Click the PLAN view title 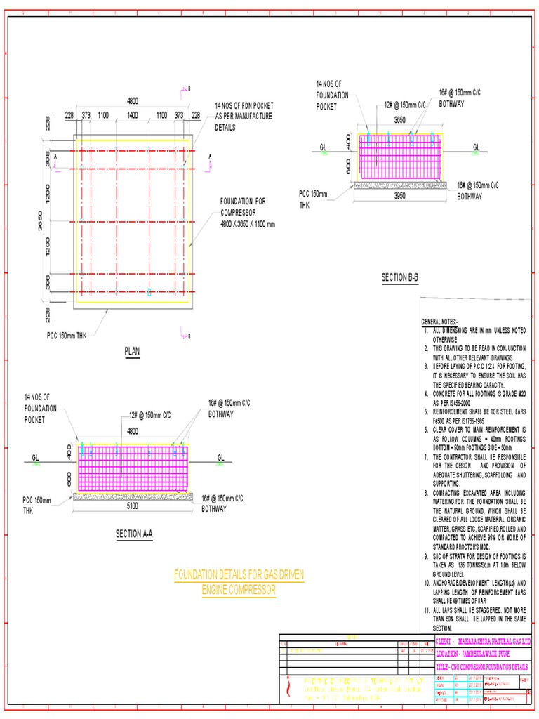tap(132, 351)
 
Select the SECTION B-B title tap(400, 278)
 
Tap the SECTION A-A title tap(134, 534)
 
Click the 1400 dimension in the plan tap(132, 115)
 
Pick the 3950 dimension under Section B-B tap(400, 197)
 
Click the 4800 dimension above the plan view tap(132, 100)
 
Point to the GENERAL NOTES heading tap(439, 322)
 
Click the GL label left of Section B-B tap(324, 147)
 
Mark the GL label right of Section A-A tap(220, 457)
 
